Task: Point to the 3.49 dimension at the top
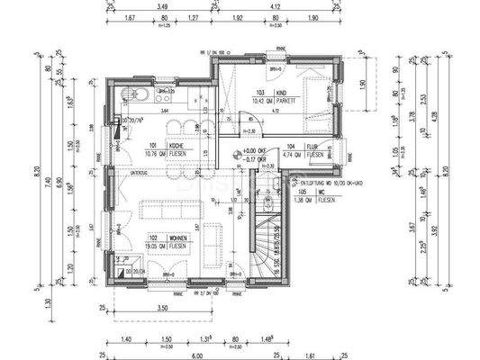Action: pos(163,7)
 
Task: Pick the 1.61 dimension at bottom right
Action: pos(310,355)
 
